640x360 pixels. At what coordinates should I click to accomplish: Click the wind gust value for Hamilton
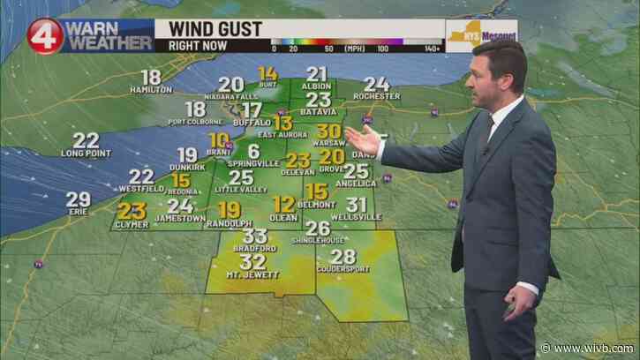151,77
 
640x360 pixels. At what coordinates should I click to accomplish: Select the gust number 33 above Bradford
256,236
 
